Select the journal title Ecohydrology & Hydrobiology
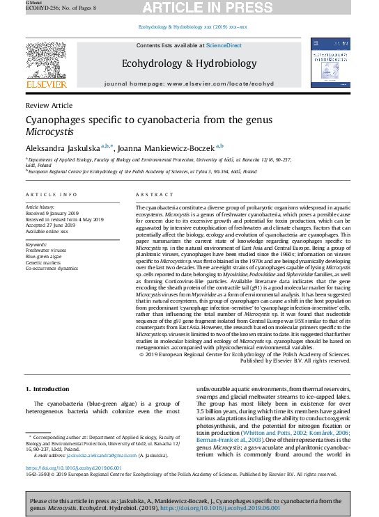(189, 64)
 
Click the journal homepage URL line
(189, 83)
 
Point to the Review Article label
(48, 105)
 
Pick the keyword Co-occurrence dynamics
(52, 268)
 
